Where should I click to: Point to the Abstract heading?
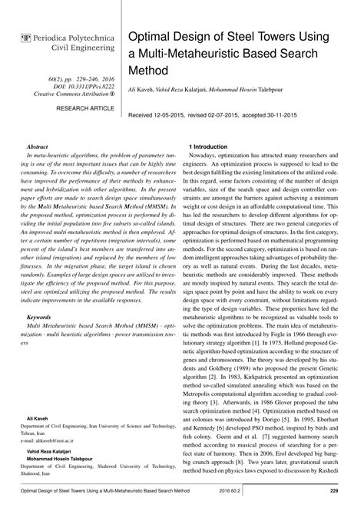38,144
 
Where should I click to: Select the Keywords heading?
40,316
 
